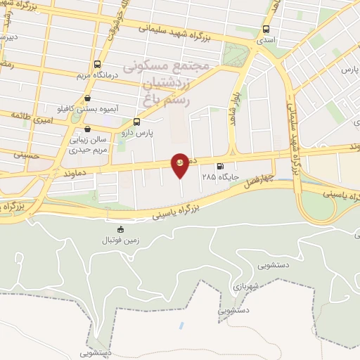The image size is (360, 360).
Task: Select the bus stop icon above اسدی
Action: [266, 30]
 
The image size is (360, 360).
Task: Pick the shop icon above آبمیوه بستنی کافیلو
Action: [86, 99]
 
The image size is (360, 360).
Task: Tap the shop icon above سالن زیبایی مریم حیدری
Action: [86, 129]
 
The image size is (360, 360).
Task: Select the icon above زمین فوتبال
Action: [120, 229]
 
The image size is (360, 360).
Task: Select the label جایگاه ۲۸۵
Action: [219, 177]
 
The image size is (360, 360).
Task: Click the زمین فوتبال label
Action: [120, 240]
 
